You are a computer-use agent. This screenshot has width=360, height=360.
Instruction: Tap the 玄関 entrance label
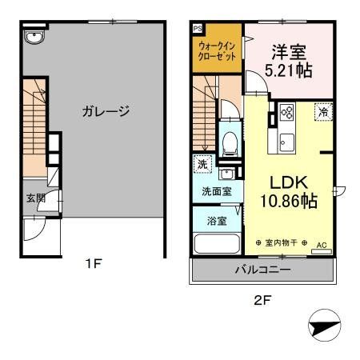(35, 199)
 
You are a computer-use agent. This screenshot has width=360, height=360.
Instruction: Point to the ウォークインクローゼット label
(217, 52)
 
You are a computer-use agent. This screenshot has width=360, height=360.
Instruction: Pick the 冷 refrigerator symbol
(324, 112)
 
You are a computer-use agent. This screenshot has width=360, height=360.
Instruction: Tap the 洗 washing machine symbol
(200, 163)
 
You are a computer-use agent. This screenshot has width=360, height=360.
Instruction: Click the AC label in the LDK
(322, 246)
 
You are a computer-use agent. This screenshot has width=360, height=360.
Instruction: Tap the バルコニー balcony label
(262, 270)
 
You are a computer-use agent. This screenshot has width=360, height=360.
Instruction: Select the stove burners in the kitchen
(287, 114)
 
